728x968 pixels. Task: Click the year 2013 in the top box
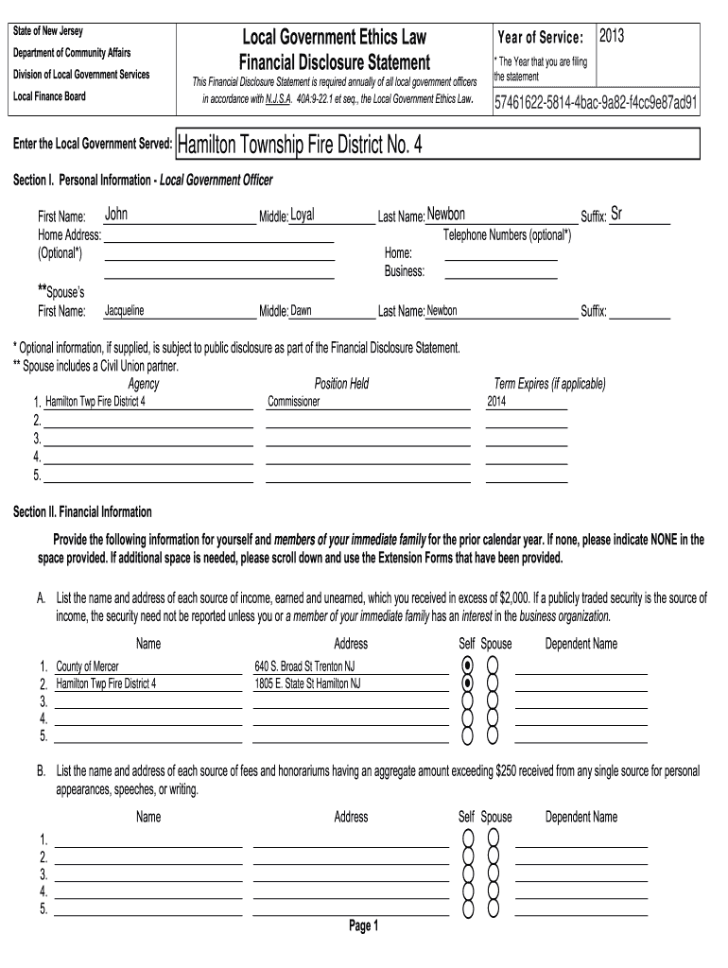point(613,36)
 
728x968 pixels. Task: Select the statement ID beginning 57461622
point(597,102)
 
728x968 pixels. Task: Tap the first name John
point(115,215)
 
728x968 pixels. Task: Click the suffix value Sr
point(615,215)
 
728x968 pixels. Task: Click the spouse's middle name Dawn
point(301,310)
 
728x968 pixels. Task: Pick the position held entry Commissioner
point(294,401)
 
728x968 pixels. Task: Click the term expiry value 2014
point(497,401)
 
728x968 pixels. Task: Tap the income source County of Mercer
point(88,665)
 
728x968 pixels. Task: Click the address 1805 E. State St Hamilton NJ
point(307,683)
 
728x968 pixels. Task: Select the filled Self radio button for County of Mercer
point(467,665)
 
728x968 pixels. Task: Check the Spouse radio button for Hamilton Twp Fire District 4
point(492,683)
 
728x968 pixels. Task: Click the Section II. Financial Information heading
point(82,511)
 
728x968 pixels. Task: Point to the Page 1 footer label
point(364,926)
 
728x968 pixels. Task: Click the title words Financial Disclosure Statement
point(335,63)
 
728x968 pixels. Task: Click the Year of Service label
point(540,38)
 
